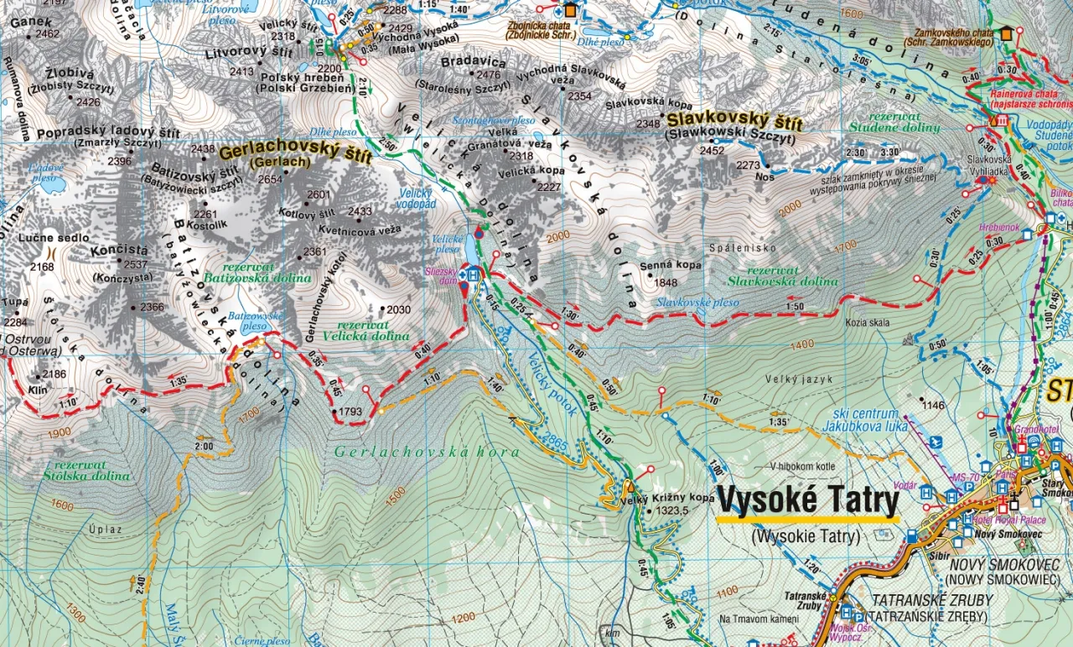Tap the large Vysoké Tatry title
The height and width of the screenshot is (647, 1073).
[x=807, y=501]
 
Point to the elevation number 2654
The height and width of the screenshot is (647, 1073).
[x=270, y=179]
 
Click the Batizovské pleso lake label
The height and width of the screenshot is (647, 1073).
[x=255, y=321]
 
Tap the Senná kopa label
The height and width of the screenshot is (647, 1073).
[x=671, y=265]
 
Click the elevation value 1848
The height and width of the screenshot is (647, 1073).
[x=666, y=282]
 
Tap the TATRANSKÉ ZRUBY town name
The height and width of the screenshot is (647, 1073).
[x=931, y=600]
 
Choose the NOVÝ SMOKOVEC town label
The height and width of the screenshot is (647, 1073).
[x=1003, y=564]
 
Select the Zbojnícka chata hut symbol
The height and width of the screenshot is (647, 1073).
[x=571, y=10]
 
